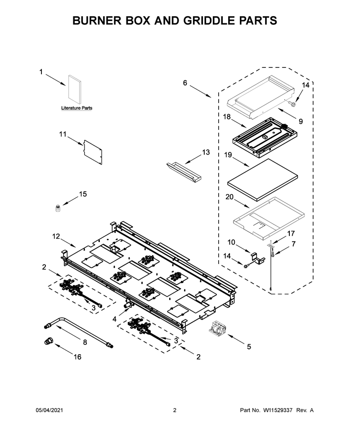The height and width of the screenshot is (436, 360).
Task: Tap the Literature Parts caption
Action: click(76, 108)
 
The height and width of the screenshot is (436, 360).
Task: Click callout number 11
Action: click(63, 134)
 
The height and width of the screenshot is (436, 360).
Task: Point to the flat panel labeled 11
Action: click(93, 152)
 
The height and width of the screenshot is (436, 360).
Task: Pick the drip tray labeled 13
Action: click(184, 173)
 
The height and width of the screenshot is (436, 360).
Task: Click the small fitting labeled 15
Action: click(58, 208)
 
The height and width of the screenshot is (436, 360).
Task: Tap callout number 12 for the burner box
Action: click(56, 236)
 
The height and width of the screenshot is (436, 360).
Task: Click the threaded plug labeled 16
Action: click(49, 341)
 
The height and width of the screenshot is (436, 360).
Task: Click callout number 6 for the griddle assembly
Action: click(185, 83)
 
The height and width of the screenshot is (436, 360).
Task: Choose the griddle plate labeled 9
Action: click(261, 98)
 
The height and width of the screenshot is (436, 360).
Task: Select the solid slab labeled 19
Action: click(262, 180)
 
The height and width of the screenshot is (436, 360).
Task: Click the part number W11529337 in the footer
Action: click(277, 410)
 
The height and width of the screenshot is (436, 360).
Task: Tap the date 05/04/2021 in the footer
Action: click(49, 410)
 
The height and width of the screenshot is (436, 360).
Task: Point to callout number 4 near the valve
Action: click(114, 319)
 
